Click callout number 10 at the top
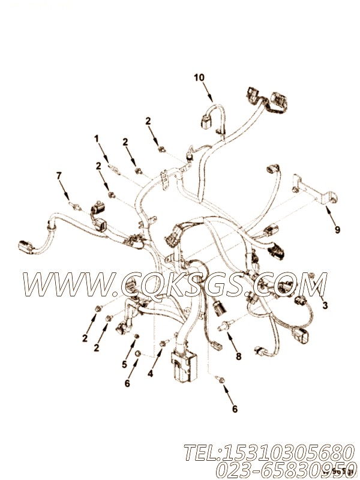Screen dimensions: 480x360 tap(199, 77)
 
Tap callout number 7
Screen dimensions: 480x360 tap(59, 176)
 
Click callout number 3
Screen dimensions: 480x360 tap(325, 305)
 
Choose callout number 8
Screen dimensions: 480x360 tap(238, 356)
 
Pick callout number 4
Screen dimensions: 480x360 tap(150, 373)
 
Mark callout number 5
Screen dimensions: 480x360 tap(124, 364)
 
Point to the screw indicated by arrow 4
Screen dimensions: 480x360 tap(163, 343)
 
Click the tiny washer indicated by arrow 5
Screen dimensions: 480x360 tap(136, 335)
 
